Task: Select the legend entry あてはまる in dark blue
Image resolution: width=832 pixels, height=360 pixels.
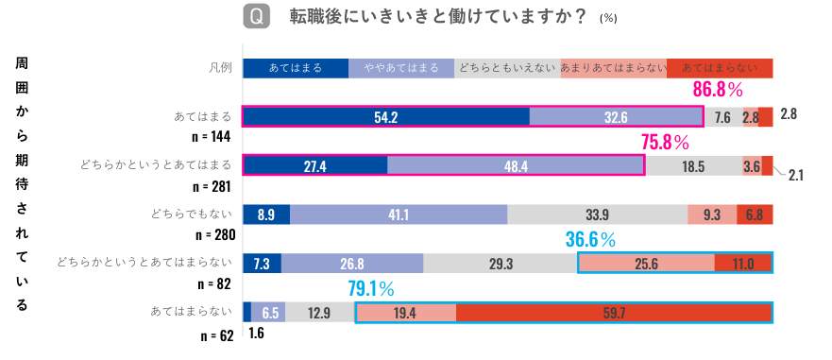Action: pos(296,68)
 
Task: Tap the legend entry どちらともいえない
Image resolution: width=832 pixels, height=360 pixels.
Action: pos(507,68)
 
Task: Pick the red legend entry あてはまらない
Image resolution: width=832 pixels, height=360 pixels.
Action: pos(720,68)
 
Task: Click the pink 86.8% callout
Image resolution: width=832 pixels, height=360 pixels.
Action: pos(718,91)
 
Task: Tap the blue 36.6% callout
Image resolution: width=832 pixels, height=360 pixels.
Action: pos(590,240)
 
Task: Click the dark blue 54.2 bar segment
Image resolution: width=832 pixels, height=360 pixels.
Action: pos(385,117)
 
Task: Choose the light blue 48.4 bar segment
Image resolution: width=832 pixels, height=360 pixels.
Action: pos(516,165)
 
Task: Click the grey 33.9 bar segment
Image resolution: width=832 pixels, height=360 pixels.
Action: pos(597,214)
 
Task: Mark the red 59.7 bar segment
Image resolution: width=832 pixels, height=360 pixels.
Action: pos(613,313)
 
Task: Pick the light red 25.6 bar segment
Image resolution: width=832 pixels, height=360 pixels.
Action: pos(646,264)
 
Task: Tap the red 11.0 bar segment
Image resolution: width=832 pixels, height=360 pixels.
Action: pos(743,264)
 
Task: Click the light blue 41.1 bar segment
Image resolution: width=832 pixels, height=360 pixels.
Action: pos(399,214)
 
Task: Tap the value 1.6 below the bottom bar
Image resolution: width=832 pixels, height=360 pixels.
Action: pos(255,334)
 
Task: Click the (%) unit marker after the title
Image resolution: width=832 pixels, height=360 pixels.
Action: pos(608,18)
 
